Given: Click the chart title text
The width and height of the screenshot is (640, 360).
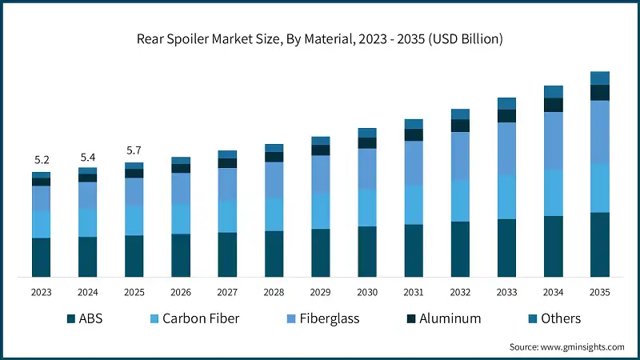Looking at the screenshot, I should click(319, 38).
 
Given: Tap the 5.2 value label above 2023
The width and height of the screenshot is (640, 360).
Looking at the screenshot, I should click(41, 159).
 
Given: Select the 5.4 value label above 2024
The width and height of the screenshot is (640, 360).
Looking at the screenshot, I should click(87, 157).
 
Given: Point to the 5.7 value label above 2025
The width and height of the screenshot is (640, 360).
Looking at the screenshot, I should click(134, 150).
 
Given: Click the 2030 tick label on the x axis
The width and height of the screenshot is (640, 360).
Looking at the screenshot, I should click(367, 292).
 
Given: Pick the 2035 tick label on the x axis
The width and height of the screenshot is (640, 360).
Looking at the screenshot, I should click(600, 292).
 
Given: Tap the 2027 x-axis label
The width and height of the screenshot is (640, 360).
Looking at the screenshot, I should click(227, 292).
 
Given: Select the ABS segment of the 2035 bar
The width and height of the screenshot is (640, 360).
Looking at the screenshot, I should click(600, 245).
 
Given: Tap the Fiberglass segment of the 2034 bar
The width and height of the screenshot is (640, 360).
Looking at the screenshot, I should click(554, 141).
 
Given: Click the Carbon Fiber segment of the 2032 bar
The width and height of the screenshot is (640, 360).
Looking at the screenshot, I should click(460, 201).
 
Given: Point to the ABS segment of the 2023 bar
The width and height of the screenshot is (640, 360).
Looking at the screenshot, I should click(41, 258).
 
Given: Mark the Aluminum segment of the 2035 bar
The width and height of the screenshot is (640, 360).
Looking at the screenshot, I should click(600, 93).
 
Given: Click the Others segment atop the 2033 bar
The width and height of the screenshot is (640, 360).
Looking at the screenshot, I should click(506, 103).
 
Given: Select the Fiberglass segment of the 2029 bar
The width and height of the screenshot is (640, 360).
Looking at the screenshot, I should click(320, 174).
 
